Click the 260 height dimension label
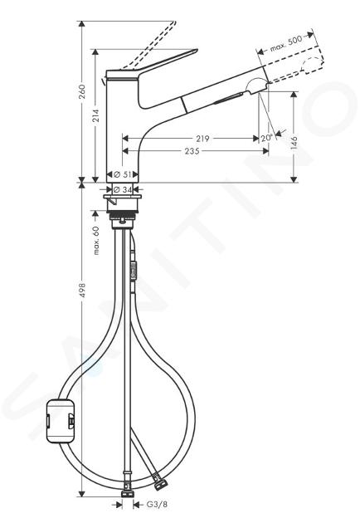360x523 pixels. click(x=83, y=91)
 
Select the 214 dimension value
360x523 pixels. click(x=96, y=115)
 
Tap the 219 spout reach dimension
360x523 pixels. click(x=202, y=138)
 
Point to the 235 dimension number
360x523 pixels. click(x=192, y=151)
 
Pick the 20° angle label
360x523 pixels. click(x=266, y=138)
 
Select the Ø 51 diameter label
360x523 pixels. click(x=122, y=174)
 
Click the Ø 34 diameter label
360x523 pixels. click(x=122, y=189)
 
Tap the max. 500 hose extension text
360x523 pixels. click(x=286, y=43)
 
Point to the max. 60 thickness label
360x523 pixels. click(x=96, y=241)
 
